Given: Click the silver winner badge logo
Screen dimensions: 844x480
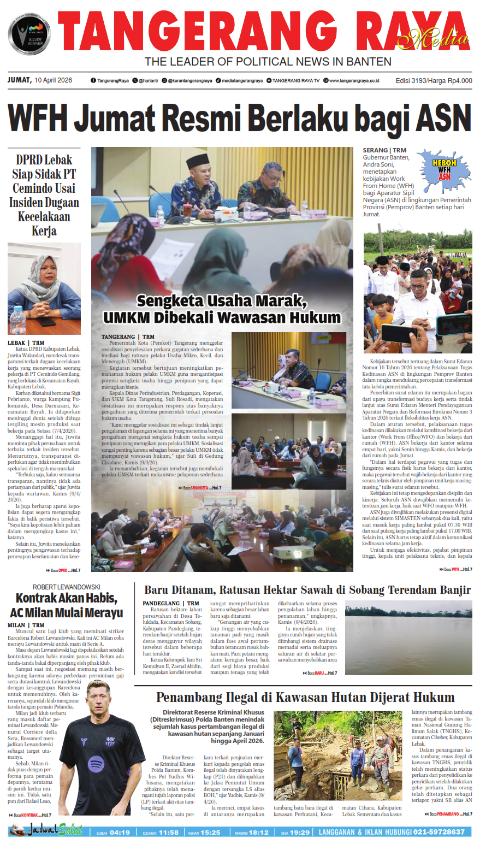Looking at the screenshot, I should pos(29,34).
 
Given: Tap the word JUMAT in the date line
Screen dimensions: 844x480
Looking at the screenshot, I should pos(19,80).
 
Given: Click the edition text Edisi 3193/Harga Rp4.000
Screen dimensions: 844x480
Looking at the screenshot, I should pos(434,81).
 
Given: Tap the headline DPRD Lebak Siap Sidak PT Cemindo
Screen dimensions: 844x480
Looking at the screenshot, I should pos(44,195).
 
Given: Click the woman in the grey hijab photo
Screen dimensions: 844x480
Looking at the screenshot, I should pos(44,288).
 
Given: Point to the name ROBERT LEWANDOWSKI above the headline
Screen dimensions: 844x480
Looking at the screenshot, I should pos(66,587).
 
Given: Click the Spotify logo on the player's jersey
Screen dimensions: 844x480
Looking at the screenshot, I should pos(96,763).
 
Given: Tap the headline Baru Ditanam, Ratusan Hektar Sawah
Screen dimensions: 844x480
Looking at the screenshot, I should pos(307,590).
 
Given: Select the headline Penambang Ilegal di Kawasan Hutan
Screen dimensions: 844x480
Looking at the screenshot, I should pos(305,698).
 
